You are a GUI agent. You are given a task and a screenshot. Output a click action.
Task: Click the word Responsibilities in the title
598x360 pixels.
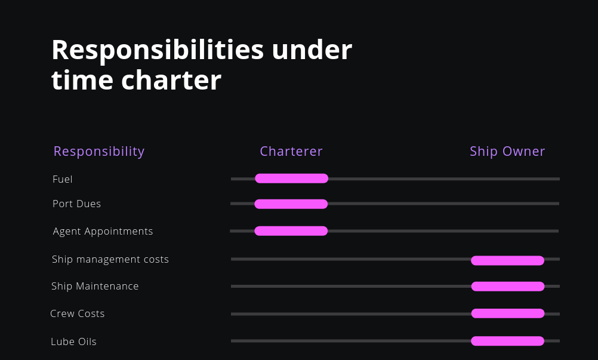[158, 51]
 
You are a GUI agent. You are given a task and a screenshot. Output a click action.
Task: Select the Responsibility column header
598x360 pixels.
[99, 152]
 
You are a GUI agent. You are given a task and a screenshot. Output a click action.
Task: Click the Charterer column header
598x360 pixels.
[291, 152]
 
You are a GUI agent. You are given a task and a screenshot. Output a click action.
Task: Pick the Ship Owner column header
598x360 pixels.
[507, 152]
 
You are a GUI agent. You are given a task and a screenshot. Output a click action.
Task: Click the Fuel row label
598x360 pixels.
[63, 179]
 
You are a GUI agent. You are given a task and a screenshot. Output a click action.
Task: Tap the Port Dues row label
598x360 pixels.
[77, 204]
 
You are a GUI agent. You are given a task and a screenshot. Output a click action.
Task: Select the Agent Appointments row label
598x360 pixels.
[103, 231]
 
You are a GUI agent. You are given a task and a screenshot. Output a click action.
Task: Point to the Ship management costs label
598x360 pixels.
[110, 259]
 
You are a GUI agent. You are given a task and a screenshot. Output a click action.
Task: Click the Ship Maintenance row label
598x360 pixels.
[95, 286]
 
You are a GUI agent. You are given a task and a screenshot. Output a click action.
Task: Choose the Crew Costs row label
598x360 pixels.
[78, 313]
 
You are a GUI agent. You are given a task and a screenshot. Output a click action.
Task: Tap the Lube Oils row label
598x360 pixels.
[73, 341]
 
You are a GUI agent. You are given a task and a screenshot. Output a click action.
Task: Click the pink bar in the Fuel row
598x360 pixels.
[291, 179]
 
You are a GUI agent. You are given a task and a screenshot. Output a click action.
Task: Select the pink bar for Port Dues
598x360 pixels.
[291, 204]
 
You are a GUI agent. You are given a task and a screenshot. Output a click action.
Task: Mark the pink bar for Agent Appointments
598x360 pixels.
[291, 231]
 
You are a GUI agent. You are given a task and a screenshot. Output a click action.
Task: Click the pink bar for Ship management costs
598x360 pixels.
[507, 260]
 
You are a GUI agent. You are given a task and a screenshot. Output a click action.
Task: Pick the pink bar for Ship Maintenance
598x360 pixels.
[508, 287]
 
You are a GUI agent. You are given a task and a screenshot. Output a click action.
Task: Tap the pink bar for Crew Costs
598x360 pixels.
[508, 313]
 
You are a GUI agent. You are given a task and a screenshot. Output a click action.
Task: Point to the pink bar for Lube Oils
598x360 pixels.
[507, 341]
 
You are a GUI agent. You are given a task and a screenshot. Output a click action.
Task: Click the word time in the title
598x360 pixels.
[81, 81]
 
